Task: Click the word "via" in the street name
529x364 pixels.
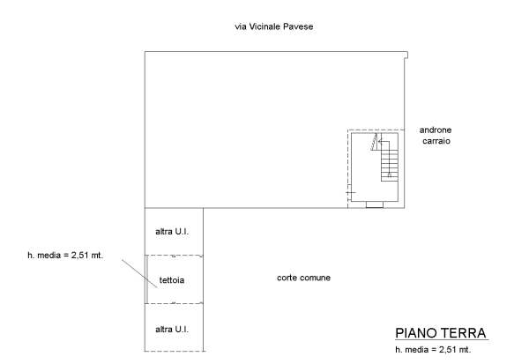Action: click(240, 26)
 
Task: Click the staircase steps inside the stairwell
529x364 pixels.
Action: click(388, 163)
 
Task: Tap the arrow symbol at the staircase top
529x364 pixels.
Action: click(376, 141)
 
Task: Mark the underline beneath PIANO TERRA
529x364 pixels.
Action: click(441, 342)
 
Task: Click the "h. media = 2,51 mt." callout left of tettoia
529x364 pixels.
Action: click(65, 256)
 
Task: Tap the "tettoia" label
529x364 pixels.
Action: click(172, 281)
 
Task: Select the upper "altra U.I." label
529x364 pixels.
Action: click(173, 231)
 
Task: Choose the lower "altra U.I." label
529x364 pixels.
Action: click(173, 329)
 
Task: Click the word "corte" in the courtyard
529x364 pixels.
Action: click(287, 279)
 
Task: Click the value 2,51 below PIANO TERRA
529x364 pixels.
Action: click(449, 351)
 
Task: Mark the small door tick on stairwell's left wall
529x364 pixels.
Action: click(350, 191)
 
